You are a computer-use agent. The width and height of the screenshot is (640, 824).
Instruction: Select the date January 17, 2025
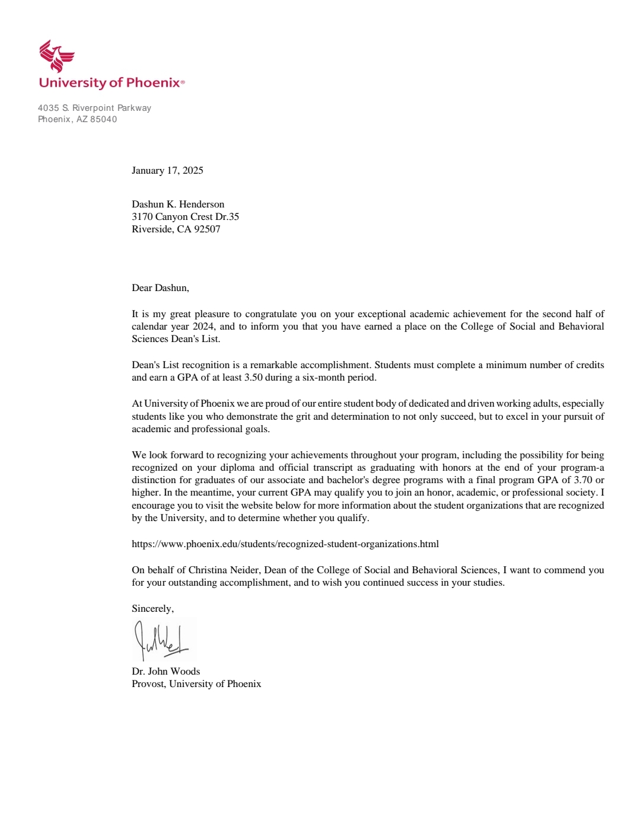coord(167,171)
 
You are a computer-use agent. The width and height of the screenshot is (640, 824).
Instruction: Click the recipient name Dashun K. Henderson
coord(178,205)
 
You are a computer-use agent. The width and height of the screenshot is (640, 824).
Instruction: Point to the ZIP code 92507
coord(207,229)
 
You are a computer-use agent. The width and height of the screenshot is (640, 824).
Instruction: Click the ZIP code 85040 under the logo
coord(104,119)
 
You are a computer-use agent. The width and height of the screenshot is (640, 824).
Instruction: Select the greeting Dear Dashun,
coord(160,288)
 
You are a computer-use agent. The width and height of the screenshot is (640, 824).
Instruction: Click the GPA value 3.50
coord(253,378)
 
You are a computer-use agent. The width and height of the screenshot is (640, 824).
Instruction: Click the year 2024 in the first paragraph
coord(203,327)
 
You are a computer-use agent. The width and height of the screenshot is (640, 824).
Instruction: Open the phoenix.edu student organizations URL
coord(285,544)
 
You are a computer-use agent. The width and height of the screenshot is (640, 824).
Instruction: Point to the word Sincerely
coord(152,609)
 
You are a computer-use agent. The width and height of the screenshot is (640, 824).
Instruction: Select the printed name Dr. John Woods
coord(166,672)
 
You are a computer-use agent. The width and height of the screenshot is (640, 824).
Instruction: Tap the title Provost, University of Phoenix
coord(196,684)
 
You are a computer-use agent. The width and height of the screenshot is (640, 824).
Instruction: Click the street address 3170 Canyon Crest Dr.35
coord(185,217)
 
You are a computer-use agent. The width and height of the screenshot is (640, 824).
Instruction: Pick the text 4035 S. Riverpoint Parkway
coord(94,108)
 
